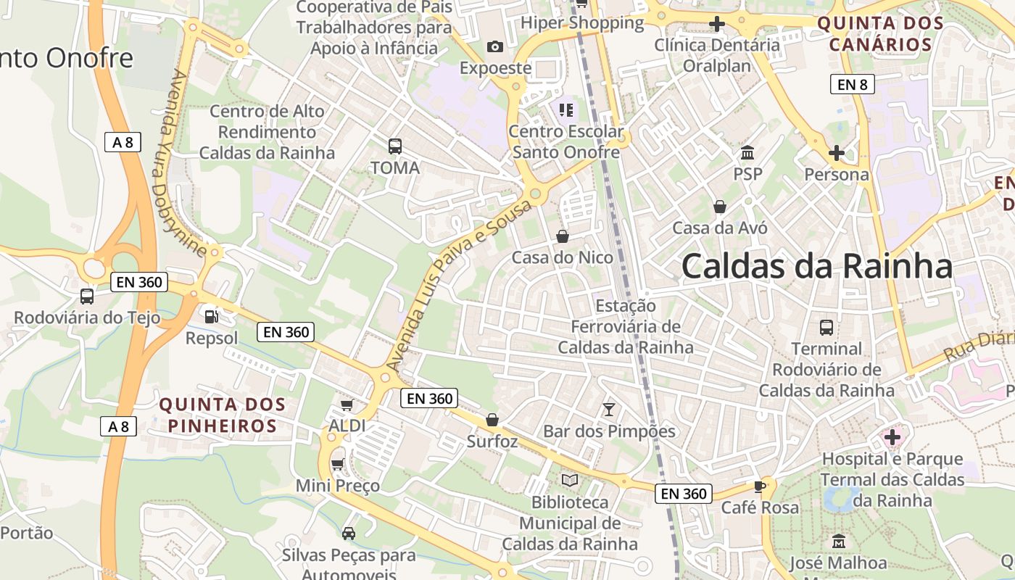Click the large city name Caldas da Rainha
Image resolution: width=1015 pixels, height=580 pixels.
(x=816, y=267)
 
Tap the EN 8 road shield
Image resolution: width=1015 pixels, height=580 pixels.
(x=852, y=85)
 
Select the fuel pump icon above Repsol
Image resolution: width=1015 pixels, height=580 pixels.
(x=211, y=316)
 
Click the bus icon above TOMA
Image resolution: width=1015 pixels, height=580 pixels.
(x=394, y=146)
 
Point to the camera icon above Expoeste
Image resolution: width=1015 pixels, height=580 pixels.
(x=495, y=47)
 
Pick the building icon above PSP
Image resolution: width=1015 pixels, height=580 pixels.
(x=747, y=153)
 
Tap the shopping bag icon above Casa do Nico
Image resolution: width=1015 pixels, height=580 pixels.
(x=563, y=236)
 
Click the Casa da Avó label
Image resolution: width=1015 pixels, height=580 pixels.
(x=719, y=228)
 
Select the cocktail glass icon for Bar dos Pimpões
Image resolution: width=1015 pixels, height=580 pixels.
(x=609, y=410)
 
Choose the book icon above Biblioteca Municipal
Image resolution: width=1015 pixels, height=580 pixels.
(x=570, y=481)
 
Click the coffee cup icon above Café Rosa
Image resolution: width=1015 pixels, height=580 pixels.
(x=759, y=486)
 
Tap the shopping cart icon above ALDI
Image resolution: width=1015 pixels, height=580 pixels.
(x=347, y=405)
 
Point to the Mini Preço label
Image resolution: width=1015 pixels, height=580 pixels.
(x=337, y=485)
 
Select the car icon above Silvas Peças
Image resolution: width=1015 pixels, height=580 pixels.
(x=348, y=534)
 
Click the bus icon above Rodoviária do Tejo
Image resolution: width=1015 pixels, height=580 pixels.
(x=87, y=296)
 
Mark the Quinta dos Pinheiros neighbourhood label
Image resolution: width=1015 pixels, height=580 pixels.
(x=223, y=415)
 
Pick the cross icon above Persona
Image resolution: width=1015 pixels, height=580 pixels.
(x=836, y=153)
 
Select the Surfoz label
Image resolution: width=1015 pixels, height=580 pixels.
(x=492, y=441)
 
